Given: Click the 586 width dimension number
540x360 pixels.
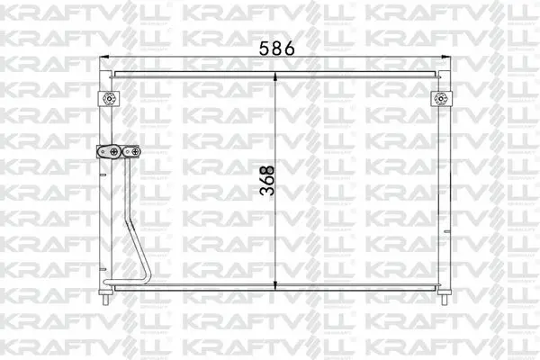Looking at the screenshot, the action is pyautogui.click(x=276, y=49).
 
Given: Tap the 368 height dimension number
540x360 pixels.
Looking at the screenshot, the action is pyautogui.click(x=267, y=181).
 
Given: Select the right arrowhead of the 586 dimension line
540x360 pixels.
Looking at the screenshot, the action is pyautogui.click(x=446, y=57).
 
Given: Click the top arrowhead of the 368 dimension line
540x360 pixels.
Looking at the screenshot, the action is pyautogui.click(x=275, y=76).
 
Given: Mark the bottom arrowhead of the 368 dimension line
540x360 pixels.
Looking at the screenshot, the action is pyautogui.click(x=275, y=285).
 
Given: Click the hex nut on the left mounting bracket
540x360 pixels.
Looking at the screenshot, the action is pyautogui.click(x=109, y=99).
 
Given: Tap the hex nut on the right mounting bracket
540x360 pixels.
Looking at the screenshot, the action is pyautogui.click(x=441, y=99).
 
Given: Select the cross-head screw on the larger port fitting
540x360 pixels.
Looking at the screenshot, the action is pyautogui.click(x=114, y=151).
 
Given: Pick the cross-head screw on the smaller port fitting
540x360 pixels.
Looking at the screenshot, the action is pyautogui.click(x=135, y=151).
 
